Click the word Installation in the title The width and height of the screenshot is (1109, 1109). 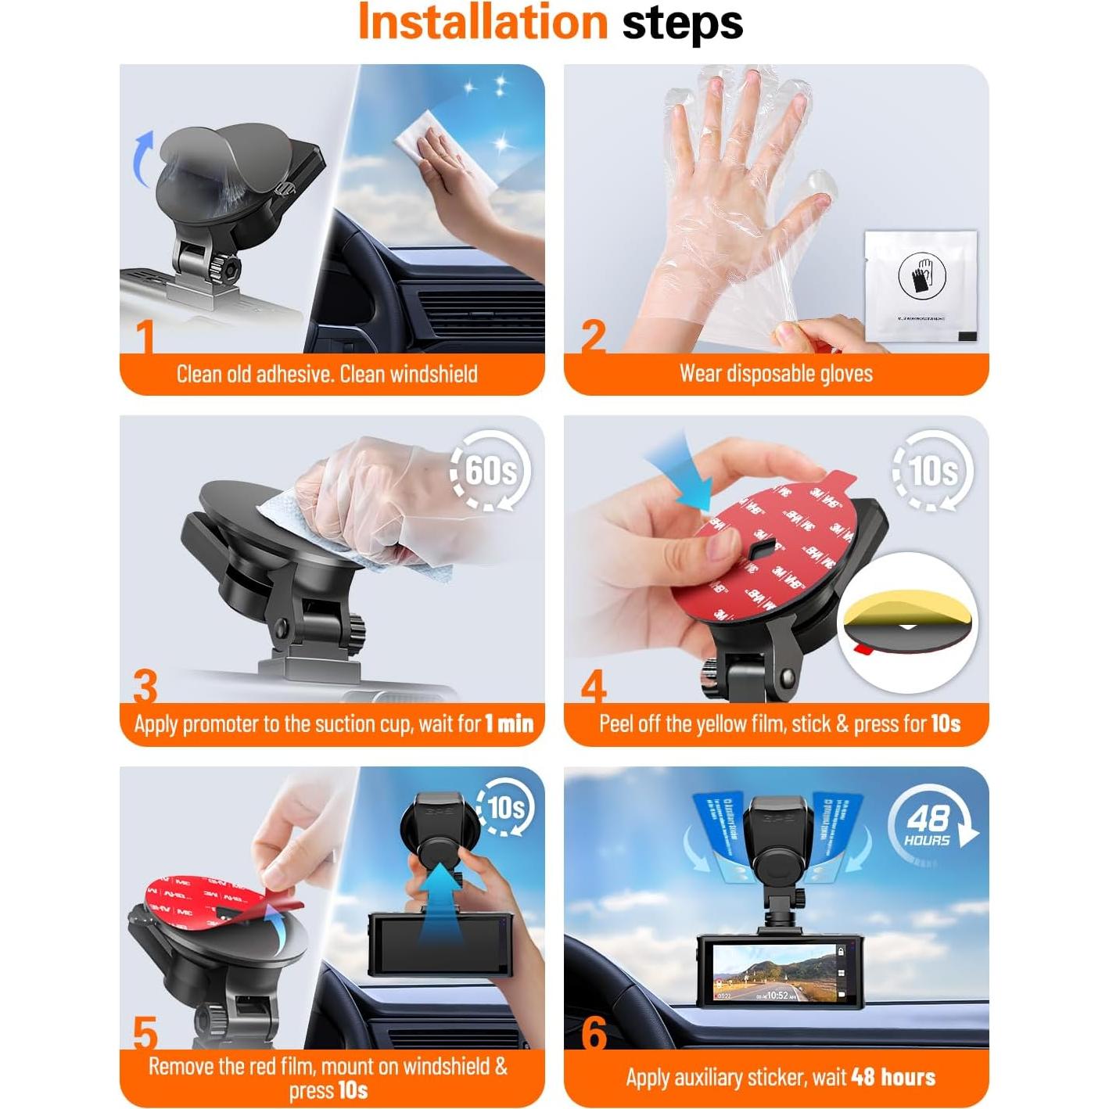tap(482, 22)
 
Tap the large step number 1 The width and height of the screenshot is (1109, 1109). tap(145, 337)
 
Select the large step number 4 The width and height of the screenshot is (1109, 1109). tap(594, 687)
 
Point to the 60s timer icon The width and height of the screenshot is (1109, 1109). tap(490, 471)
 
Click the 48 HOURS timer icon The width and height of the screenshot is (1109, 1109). tap(930, 827)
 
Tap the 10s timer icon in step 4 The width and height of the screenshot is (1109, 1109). tap(933, 471)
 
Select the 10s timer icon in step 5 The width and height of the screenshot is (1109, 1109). tap(505, 807)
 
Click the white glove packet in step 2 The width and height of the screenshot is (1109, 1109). tap(921, 286)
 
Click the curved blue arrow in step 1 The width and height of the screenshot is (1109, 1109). tap(142, 159)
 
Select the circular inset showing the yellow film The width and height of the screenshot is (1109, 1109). tap(907, 623)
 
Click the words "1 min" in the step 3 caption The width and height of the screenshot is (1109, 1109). tap(508, 724)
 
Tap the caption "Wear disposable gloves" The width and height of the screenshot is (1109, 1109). tap(776, 374)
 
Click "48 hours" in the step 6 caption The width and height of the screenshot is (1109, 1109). tap(893, 1078)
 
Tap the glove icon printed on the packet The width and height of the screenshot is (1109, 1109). tap(921, 275)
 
